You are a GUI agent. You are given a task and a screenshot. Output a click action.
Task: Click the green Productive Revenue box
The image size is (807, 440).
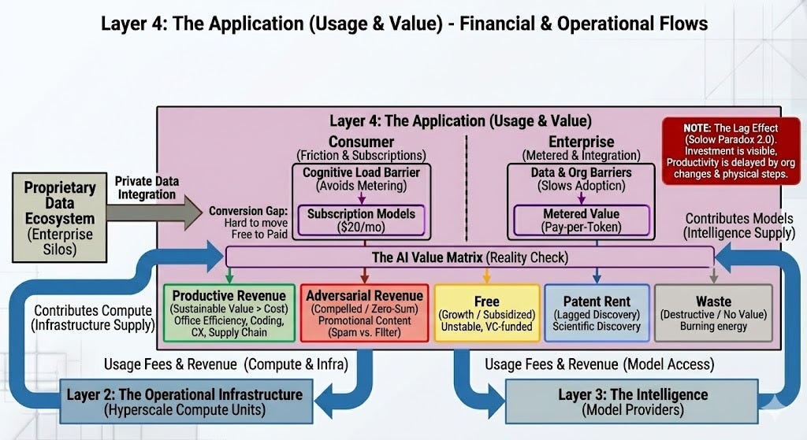[229, 312]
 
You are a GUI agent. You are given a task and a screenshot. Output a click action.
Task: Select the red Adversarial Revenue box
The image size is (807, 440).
[364, 312]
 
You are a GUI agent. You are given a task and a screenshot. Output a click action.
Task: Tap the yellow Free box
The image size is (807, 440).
[487, 312]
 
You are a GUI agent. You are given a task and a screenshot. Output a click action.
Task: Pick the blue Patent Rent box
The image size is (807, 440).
[596, 312]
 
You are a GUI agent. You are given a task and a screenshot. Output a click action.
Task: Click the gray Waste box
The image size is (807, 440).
[712, 312]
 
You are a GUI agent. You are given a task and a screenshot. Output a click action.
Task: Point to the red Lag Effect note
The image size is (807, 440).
[731, 150]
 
